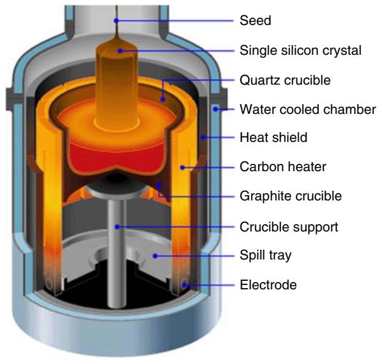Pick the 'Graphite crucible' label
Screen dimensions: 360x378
(289, 196)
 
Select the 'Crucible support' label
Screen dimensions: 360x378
(288, 226)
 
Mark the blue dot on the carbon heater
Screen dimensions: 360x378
(182, 167)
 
